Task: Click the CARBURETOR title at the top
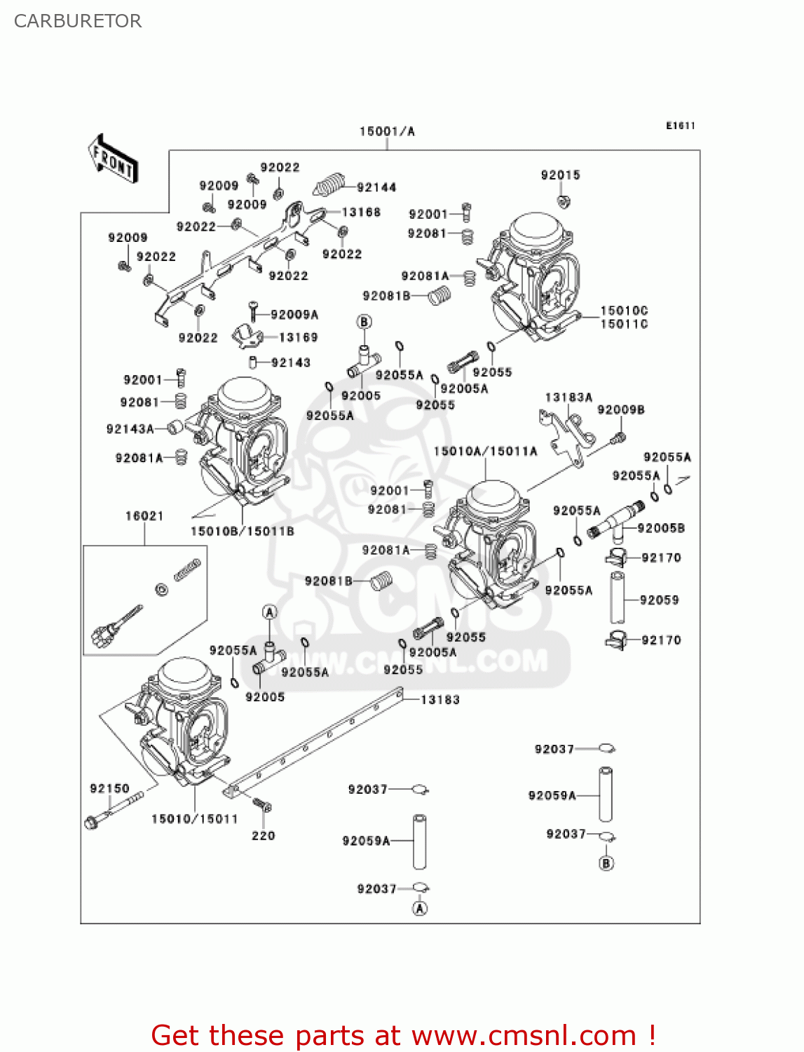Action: (78, 21)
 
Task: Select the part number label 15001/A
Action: (387, 131)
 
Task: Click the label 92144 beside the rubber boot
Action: (376, 187)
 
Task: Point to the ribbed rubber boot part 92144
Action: (330, 184)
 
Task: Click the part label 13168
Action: (361, 212)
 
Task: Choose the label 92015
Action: (560, 175)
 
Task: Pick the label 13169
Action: (299, 337)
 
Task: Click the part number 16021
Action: (144, 516)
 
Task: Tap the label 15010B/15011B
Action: (243, 531)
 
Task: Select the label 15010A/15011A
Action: (485, 451)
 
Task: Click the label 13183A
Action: (568, 397)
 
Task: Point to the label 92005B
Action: (661, 527)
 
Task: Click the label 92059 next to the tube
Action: (659, 600)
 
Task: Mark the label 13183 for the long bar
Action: (440, 699)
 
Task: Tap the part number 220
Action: (264, 835)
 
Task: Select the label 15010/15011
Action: (195, 818)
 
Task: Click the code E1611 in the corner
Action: (680, 126)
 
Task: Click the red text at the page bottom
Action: (403, 1035)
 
